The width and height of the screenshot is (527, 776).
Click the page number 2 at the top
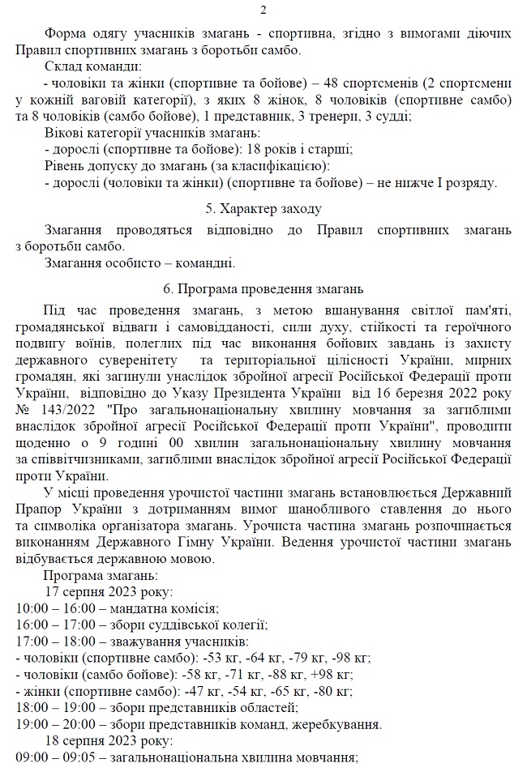(263, 11)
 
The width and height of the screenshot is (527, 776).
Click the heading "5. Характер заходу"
(263, 209)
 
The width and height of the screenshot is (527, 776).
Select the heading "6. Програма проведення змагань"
(263, 288)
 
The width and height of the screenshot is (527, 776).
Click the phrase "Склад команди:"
(93, 66)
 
